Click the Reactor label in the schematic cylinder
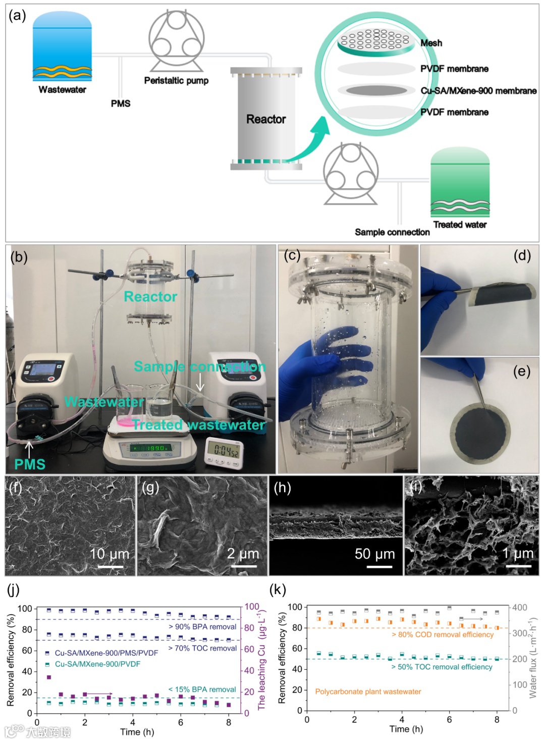coord(266,119)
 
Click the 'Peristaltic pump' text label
coord(176,81)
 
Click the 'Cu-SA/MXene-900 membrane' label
coord(478,91)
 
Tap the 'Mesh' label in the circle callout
coord(431,43)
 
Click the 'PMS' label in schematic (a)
coord(121,103)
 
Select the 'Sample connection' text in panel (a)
coord(392,232)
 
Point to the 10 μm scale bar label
coord(109,554)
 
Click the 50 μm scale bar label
coord(374,554)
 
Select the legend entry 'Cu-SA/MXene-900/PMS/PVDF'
coord(106,653)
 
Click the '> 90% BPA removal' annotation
coord(202,627)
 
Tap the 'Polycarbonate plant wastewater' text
coord(368,692)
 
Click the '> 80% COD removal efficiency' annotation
coord(443,634)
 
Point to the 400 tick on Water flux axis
coord(519,608)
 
